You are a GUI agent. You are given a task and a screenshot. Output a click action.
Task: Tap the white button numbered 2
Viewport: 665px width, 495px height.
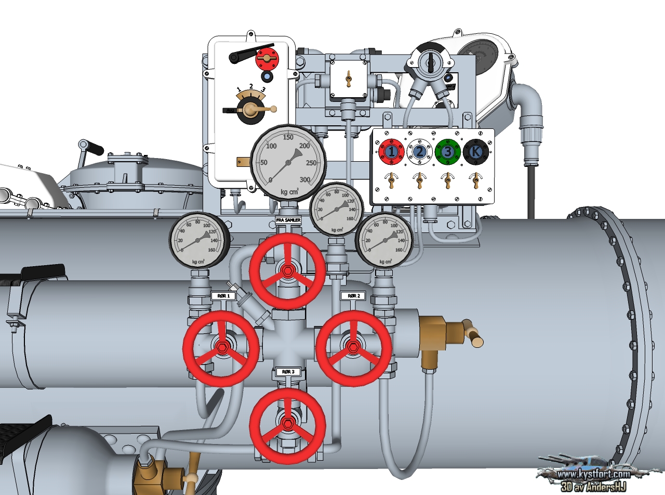click(419, 151)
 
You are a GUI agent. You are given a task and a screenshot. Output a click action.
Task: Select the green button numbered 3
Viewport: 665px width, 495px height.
click(448, 151)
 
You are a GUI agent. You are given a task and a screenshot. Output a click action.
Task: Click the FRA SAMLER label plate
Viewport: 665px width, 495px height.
click(288, 221)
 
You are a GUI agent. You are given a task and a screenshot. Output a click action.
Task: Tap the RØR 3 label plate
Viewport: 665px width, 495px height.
click(288, 372)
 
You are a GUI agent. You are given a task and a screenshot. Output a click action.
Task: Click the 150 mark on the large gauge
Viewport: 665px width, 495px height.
click(288, 137)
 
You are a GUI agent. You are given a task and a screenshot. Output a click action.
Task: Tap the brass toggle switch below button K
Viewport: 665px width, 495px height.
click(474, 180)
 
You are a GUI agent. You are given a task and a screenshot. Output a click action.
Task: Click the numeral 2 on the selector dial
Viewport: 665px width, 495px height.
click(251, 86)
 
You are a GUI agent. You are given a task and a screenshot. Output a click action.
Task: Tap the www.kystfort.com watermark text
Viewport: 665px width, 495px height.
click(593, 474)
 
